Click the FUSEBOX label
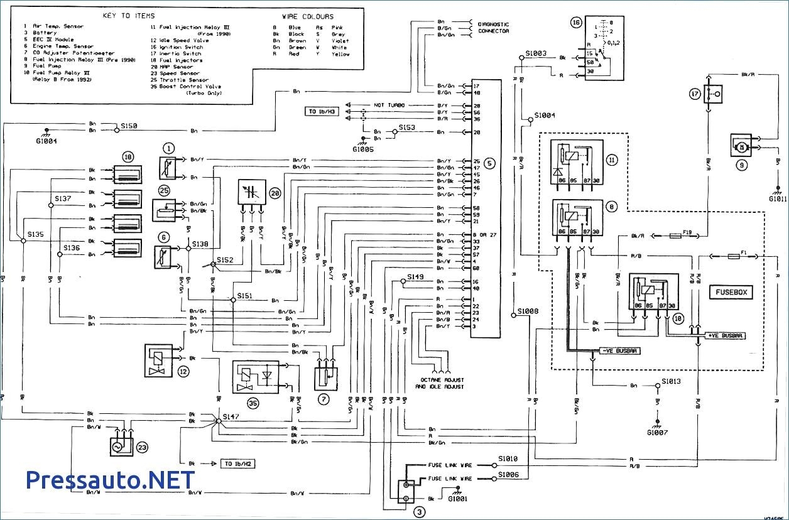tap(731, 293)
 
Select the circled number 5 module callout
tap(490, 163)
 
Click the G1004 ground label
tap(46, 142)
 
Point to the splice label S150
tap(129, 126)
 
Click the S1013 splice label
tap(671, 381)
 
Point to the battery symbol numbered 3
tap(407, 490)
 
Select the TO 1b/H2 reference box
tap(237, 463)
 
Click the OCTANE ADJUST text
tap(440, 381)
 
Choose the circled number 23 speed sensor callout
tap(142, 448)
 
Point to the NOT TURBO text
tap(389, 105)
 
